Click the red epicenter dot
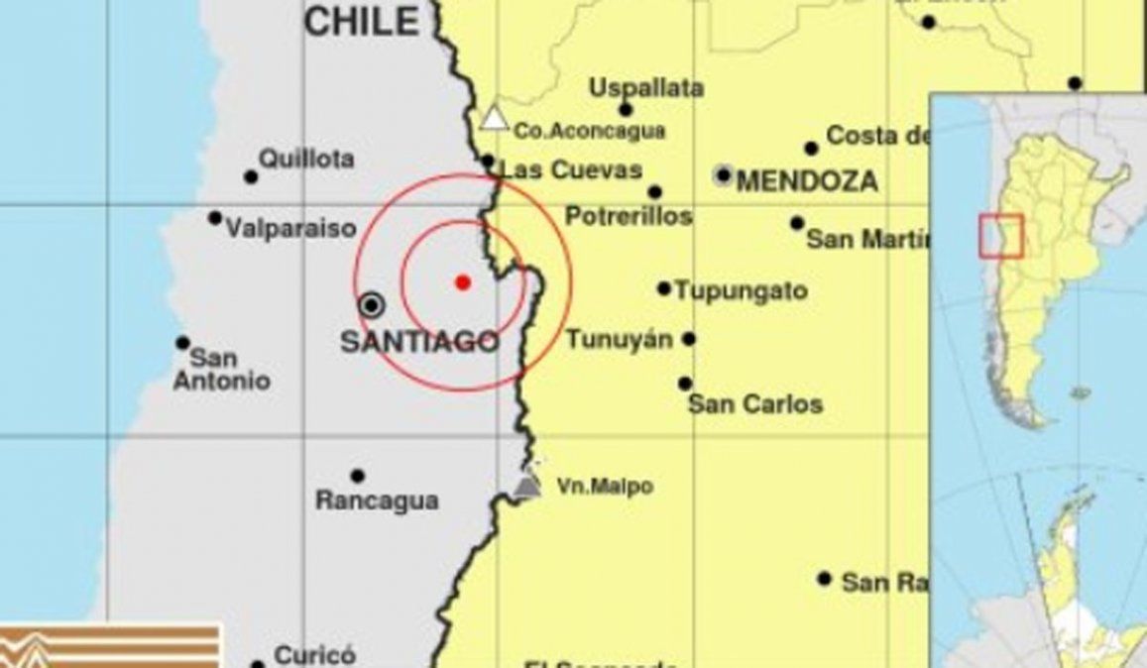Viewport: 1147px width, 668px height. pyautogui.click(x=462, y=281)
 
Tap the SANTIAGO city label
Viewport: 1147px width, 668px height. pyautogui.click(x=418, y=343)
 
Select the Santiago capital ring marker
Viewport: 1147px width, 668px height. pyautogui.click(x=372, y=304)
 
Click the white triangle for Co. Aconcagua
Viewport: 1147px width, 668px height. pyautogui.click(x=493, y=120)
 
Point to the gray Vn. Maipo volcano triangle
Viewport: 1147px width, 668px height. pyautogui.click(x=528, y=485)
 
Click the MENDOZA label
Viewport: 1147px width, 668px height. pyautogui.click(x=807, y=181)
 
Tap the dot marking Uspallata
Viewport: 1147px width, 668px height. pyautogui.click(x=626, y=110)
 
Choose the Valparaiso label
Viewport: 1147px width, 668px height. pyautogui.click(x=290, y=229)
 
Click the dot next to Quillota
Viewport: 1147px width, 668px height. pyautogui.click(x=251, y=177)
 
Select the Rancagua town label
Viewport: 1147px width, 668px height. pyautogui.click(x=377, y=501)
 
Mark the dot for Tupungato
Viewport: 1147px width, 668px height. pyautogui.click(x=664, y=289)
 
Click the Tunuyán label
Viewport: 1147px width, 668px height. pyautogui.click(x=620, y=340)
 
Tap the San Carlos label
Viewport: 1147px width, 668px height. pyautogui.click(x=755, y=404)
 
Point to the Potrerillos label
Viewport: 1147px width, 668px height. pyautogui.click(x=629, y=217)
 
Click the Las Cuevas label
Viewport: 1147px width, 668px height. pyautogui.click(x=571, y=170)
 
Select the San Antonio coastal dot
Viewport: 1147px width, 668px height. pyautogui.click(x=183, y=343)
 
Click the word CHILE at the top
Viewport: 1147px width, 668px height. pyautogui.click(x=361, y=21)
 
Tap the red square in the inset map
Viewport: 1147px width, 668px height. pyautogui.click(x=1000, y=235)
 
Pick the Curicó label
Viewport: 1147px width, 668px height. pyautogui.click(x=314, y=656)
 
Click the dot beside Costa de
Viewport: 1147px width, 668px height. pyautogui.click(x=812, y=149)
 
